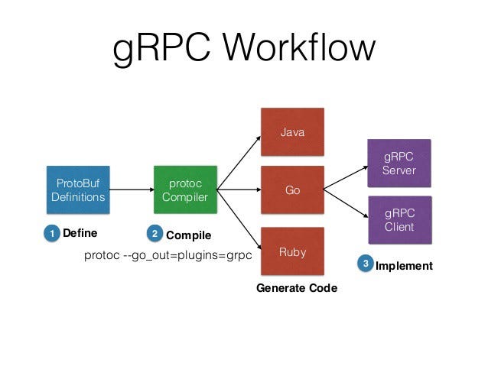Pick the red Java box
pyautogui.click(x=292, y=132)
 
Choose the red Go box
pyautogui.click(x=292, y=190)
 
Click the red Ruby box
pyautogui.click(x=292, y=250)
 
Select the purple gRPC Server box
pyautogui.click(x=399, y=164)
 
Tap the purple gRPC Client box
pyautogui.click(x=399, y=220)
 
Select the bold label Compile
pyautogui.click(x=188, y=235)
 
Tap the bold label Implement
pyautogui.click(x=404, y=266)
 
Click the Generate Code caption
pyautogui.click(x=296, y=288)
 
